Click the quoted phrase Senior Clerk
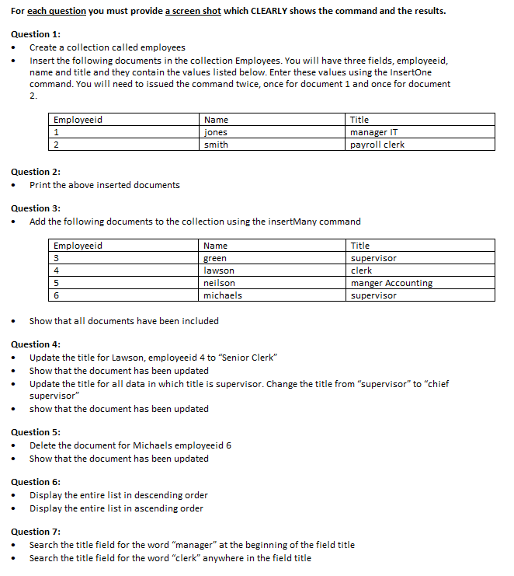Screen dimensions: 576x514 pos(249,358)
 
